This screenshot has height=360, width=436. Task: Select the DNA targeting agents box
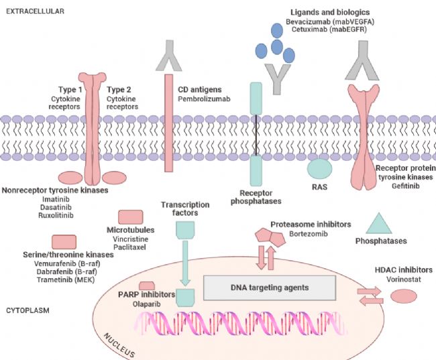[x=270, y=287]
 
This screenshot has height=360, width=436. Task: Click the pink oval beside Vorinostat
[x=403, y=296]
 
